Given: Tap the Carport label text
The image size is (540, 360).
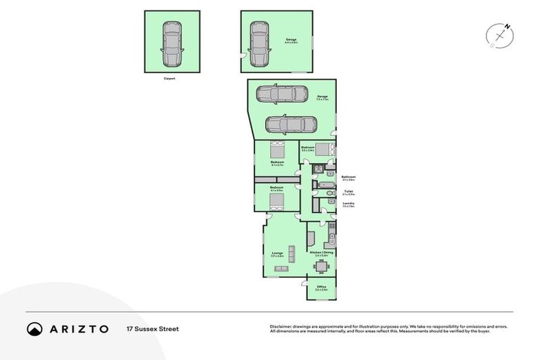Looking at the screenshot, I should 169,79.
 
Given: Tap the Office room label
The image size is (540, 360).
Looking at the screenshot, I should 321,288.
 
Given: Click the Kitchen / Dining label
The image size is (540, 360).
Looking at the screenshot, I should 321,252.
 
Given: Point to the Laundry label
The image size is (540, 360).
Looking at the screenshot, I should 348,205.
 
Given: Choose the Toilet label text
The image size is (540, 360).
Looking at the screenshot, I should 348,191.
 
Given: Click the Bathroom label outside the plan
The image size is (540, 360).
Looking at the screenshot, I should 348,177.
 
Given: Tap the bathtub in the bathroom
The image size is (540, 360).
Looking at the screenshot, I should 325,185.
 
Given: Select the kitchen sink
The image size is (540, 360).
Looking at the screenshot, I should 333,238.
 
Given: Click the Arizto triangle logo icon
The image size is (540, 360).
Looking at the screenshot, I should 34,328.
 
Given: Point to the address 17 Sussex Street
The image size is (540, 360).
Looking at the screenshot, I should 153,328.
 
